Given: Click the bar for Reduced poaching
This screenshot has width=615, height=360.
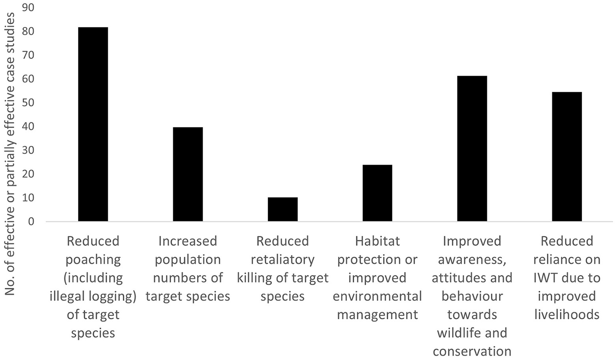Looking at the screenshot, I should (93, 124).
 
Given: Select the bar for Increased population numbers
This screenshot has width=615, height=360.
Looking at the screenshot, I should (187, 174).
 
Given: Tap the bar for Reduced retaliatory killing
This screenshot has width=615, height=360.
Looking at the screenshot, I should (283, 209).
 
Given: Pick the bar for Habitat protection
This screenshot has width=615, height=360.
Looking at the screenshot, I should (377, 193).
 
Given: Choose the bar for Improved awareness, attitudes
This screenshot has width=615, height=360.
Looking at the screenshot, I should (472, 149).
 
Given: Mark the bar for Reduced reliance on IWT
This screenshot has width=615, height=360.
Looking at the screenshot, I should (567, 157).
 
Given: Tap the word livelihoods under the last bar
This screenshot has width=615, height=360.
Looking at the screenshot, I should (567, 314).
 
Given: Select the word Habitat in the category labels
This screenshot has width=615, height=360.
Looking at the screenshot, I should (377, 241).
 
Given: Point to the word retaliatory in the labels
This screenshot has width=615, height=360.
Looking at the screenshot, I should (283, 260).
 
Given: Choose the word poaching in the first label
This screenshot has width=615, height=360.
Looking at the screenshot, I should (93, 260).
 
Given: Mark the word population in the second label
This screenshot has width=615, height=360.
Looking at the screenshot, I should (187, 260).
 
